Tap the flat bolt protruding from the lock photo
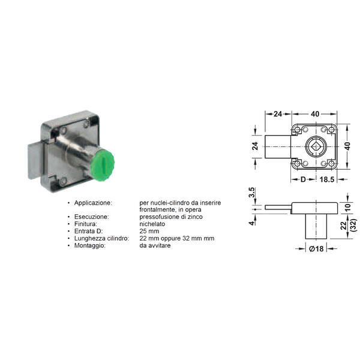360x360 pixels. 35,161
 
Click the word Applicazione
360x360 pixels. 93,203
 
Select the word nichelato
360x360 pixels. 152,224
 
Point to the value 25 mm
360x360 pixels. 149,231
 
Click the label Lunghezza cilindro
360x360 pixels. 102,238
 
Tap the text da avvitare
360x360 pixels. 155,245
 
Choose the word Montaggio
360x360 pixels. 90,245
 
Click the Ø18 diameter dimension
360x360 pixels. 316,248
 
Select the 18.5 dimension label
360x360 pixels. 327,179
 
